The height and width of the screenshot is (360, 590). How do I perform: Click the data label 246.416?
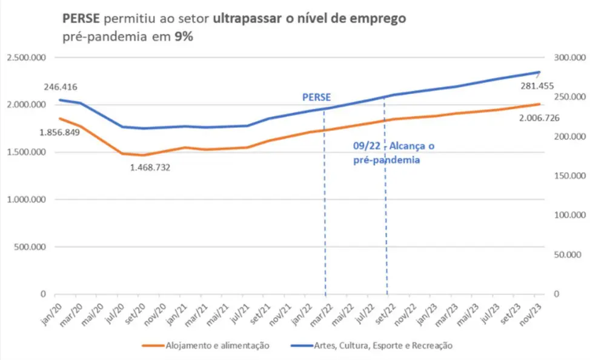pyautogui.click(x=60, y=87)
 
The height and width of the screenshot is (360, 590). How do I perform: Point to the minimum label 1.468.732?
pyautogui.click(x=150, y=167)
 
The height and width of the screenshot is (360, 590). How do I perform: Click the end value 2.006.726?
pyautogui.click(x=539, y=118)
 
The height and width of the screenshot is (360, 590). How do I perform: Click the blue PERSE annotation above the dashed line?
pyautogui.click(x=317, y=97)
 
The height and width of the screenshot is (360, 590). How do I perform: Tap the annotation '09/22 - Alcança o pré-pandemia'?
pyautogui.click(x=393, y=153)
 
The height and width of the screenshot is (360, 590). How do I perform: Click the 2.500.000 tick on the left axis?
pyautogui.click(x=27, y=58)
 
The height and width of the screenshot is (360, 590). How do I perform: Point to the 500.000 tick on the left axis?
pyautogui.click(x=30, y=247)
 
